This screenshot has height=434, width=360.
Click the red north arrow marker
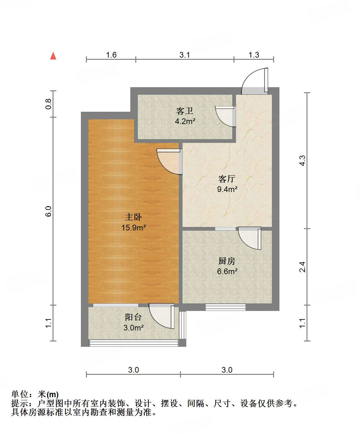pyautogui.click(x=53, y=56)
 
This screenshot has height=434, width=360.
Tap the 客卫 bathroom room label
pyautogui.click(x=185, y=111)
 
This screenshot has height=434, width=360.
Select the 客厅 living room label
pyautogui.click(x=227, y=179)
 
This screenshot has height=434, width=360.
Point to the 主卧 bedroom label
pyautogui.click(x=133, y=217)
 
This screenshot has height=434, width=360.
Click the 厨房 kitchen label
pyautogui.click(x=227, y=261)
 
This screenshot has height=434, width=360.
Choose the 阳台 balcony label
pyautogui.click(x=133, y=317)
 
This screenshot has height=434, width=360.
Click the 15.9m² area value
pyautogui.click(x=133, y=228)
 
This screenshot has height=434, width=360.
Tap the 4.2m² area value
pyautogui.click(x=185, y=121)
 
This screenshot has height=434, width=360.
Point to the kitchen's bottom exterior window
pyautogui.click(x=225, y=307)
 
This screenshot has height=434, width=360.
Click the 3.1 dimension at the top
pyautogui.click(x=185, y=55)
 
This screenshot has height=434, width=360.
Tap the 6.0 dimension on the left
pyautogui.click(x=48, y=211)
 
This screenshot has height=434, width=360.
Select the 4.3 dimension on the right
pyautogui.click(x=302, y=161)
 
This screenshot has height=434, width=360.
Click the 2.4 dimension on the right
pyautogui.click(x=302, y=267)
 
